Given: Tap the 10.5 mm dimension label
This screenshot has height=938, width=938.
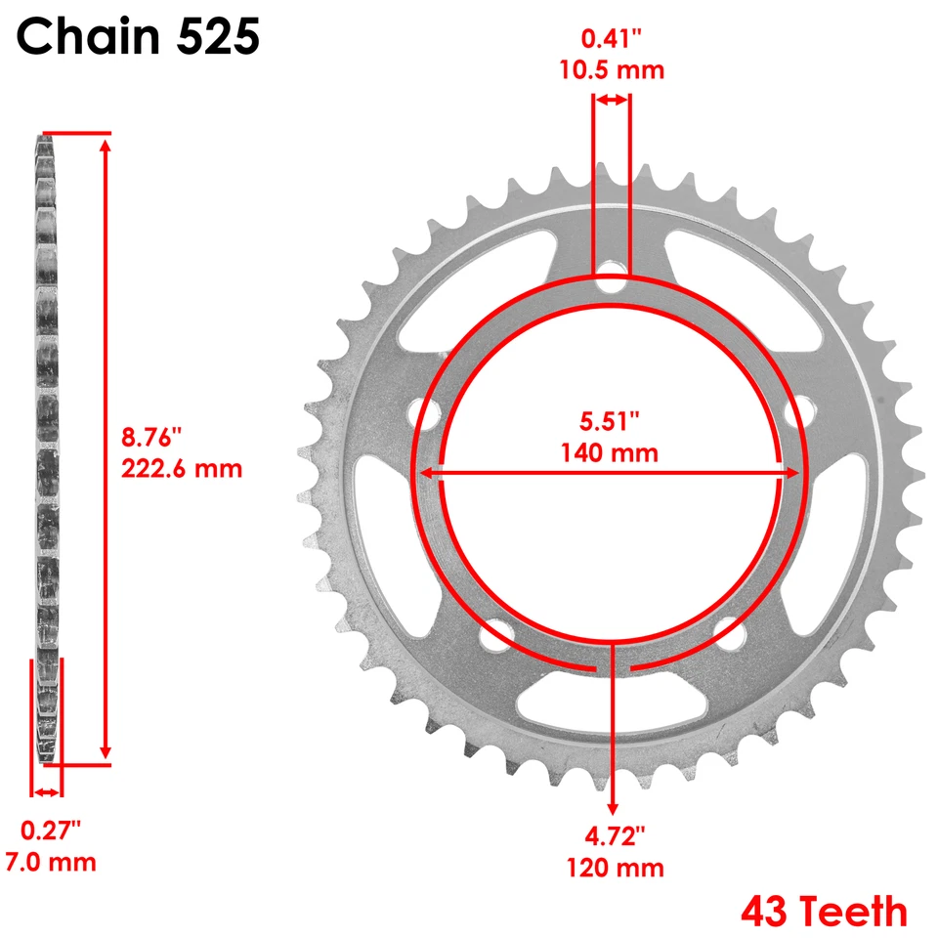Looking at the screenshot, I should click(612, 69).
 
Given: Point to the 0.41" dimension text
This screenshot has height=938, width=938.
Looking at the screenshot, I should click(612, 40).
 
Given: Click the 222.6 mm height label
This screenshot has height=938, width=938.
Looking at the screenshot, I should click(181, 468).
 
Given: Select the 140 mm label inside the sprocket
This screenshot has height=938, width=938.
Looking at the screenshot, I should click(610, 452).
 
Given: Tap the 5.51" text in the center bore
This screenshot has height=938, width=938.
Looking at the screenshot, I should click(610, 421).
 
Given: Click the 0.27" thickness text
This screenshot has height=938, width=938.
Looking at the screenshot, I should click(51, 831).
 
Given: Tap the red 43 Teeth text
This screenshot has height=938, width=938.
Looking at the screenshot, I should click(824, 912).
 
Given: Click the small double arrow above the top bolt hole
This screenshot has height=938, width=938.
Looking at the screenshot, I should click(612, 100).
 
